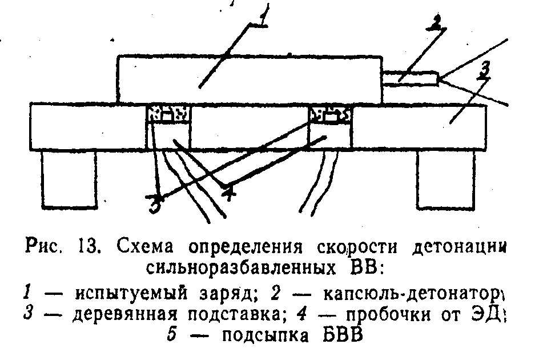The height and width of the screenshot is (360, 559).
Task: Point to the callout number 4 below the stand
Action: [229, 194]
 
